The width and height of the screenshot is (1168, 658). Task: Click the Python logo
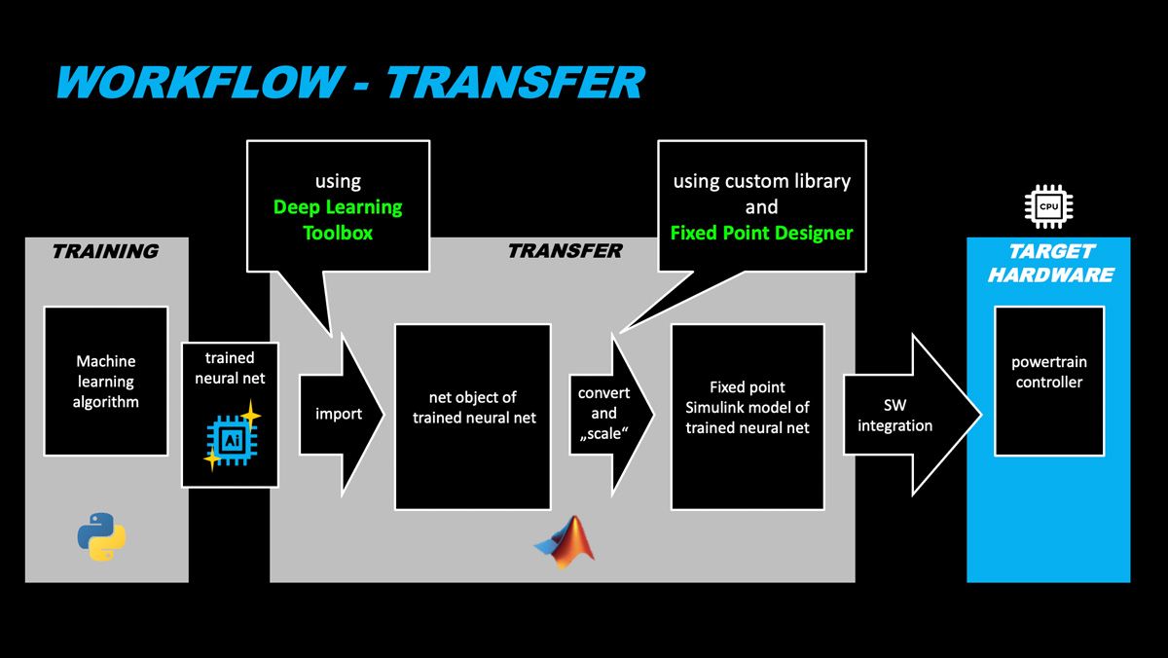click(x=101, y=536)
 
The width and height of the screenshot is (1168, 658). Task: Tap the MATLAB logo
click(x=566, y=541)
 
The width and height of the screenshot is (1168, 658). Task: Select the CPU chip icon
click(x=1048, y=206)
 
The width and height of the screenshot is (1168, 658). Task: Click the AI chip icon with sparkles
click(x=230, y=439)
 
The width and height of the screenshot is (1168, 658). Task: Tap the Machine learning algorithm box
click(x=106, y=382)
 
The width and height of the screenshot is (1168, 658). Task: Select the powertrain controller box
click(x=1049, y=381)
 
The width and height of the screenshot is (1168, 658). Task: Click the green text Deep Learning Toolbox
click(x=338, y=220)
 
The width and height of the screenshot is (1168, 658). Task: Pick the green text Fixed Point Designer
click(x=761, y=233)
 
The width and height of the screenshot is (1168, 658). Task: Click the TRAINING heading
click(x=105, y=251)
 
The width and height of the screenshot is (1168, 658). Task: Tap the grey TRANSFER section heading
click(x=565, y=251)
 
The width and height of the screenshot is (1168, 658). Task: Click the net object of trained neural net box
click(x=472, y=417)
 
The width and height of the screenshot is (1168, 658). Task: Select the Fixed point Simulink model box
click(x=748, y=417)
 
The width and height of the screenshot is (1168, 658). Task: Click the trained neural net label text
click(x=230, y=367)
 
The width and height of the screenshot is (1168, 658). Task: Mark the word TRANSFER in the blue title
click(x=514, y=83)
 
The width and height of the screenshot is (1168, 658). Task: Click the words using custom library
click(x=761, y=181)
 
